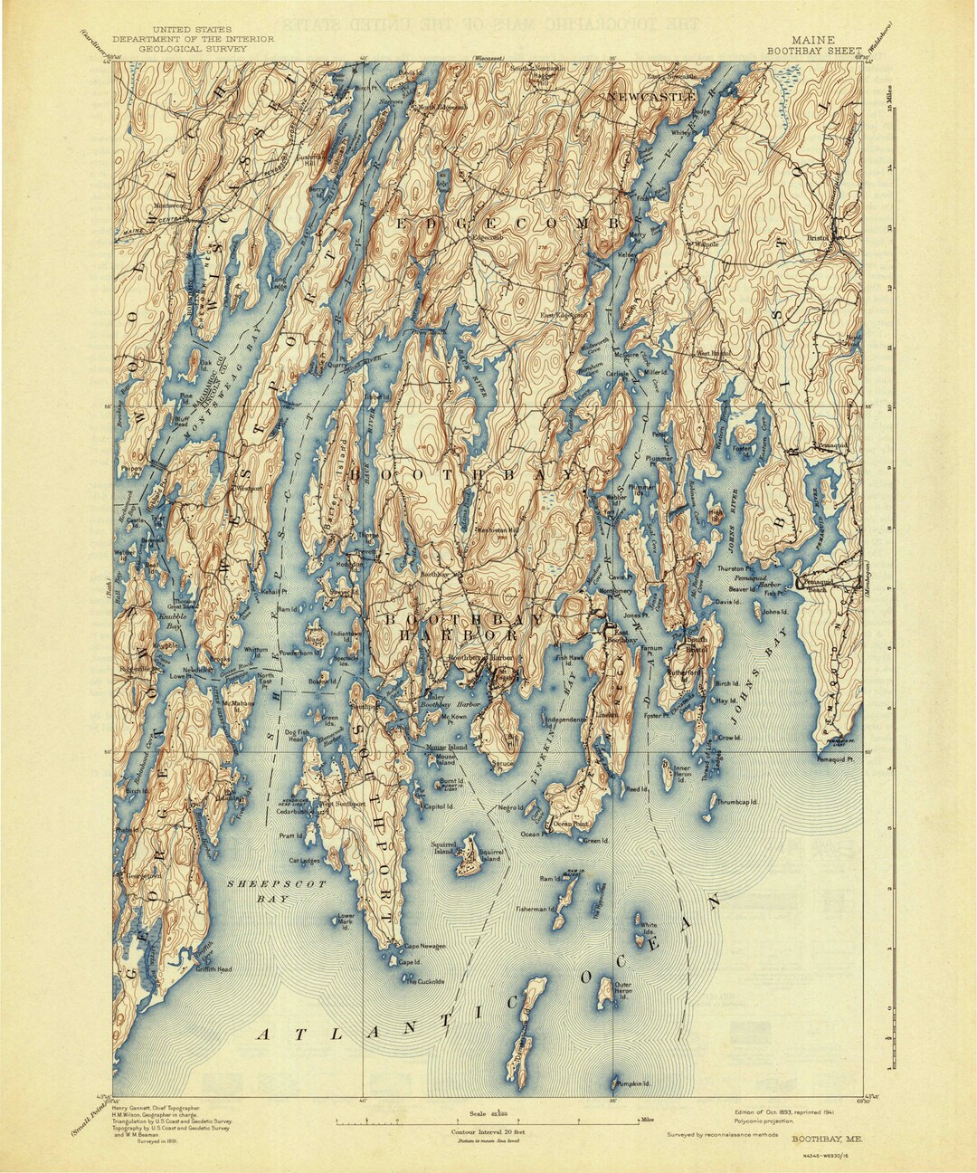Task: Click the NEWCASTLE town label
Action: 652,96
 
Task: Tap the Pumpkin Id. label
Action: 634,1082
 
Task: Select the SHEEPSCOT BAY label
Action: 258,891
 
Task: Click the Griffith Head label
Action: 213,968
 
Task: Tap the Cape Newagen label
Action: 424,946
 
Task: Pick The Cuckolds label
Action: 424,981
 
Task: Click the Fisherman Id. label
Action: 535,909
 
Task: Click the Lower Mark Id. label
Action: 346,920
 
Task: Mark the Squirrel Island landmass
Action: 469,854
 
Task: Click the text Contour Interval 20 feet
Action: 488,1132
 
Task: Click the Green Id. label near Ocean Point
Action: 595,840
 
